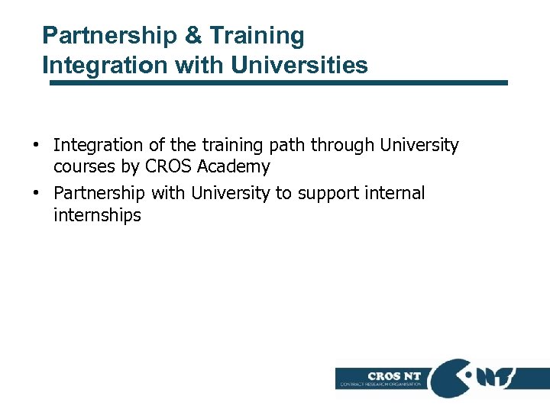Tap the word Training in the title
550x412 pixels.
[257, 36]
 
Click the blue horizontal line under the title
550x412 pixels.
[279, 82]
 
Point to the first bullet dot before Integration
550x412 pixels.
[36, 145]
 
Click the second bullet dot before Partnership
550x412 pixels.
[36, 194]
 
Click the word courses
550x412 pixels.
[83, 166]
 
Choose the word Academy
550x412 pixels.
[232, 166]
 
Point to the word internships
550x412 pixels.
[97, 215]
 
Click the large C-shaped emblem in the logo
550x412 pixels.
[451, 378]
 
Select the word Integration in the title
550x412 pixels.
[105, 66]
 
